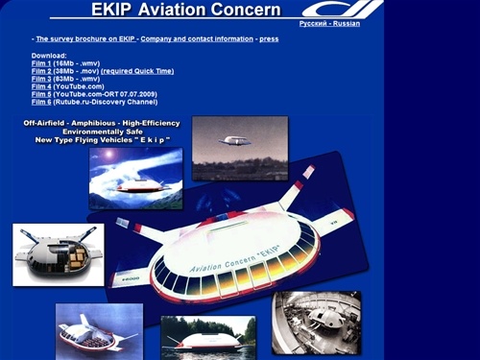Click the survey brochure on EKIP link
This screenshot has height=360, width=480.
coord(86,38)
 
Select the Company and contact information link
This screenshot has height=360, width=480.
coord(197,38)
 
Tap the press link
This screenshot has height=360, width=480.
coord(269,38)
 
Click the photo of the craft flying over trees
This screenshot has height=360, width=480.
coord(239,148)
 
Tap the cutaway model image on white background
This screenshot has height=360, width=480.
coord(58,254)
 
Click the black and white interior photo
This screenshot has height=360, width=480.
coord(316,323)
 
